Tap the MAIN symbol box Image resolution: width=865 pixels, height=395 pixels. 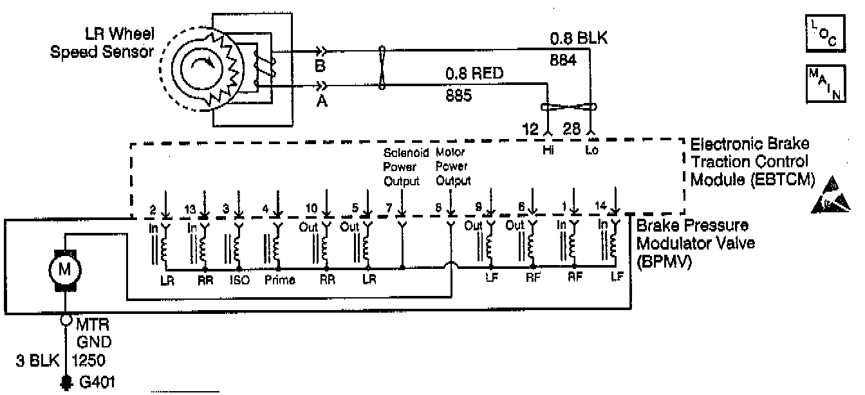[822, 83]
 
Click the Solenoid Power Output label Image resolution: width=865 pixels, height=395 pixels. [402, 167]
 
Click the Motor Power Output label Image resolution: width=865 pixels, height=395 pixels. [453, 167]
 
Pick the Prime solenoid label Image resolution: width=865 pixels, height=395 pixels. [279, 280]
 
